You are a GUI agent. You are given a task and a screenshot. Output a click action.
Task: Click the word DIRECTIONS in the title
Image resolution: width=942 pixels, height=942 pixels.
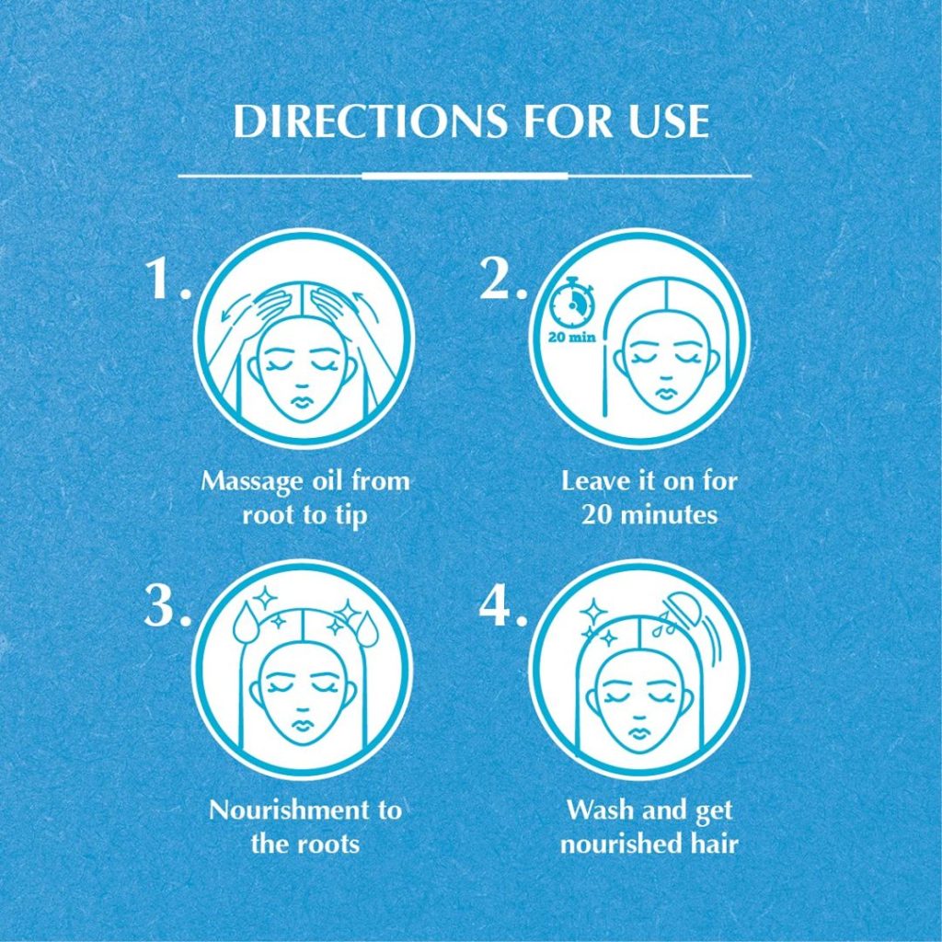370,121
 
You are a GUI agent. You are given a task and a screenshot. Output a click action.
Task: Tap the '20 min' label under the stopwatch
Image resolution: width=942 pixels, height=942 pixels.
572,337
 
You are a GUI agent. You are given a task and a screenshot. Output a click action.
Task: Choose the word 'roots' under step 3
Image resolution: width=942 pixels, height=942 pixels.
330,844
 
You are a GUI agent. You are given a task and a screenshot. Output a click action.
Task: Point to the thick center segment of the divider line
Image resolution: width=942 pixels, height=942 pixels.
465,176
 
